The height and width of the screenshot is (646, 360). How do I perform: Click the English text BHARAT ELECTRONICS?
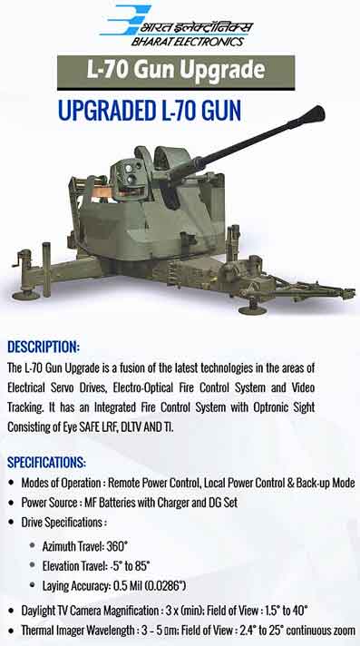[188, 41]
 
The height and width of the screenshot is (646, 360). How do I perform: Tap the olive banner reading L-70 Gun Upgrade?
[176, 73]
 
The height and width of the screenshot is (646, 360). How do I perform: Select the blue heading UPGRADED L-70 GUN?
[149, 111]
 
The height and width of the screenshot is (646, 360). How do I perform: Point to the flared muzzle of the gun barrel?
[316, 114]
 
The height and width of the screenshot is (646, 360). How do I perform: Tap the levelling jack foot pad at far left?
[25, 296]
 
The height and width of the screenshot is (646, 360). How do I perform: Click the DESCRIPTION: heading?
[44, 347]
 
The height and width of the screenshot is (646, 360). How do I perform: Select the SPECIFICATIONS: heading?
[46, 462]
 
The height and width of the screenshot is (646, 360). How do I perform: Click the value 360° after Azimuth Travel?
[117, 546]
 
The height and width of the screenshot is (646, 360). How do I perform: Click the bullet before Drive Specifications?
[12, 523]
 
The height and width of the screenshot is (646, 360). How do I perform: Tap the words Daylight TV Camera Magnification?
[90, 610]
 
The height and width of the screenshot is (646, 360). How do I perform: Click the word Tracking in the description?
[25, 408]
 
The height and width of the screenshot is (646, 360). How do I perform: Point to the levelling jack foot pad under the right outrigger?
[252, 309]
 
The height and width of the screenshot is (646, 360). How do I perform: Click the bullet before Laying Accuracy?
[33, 585]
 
